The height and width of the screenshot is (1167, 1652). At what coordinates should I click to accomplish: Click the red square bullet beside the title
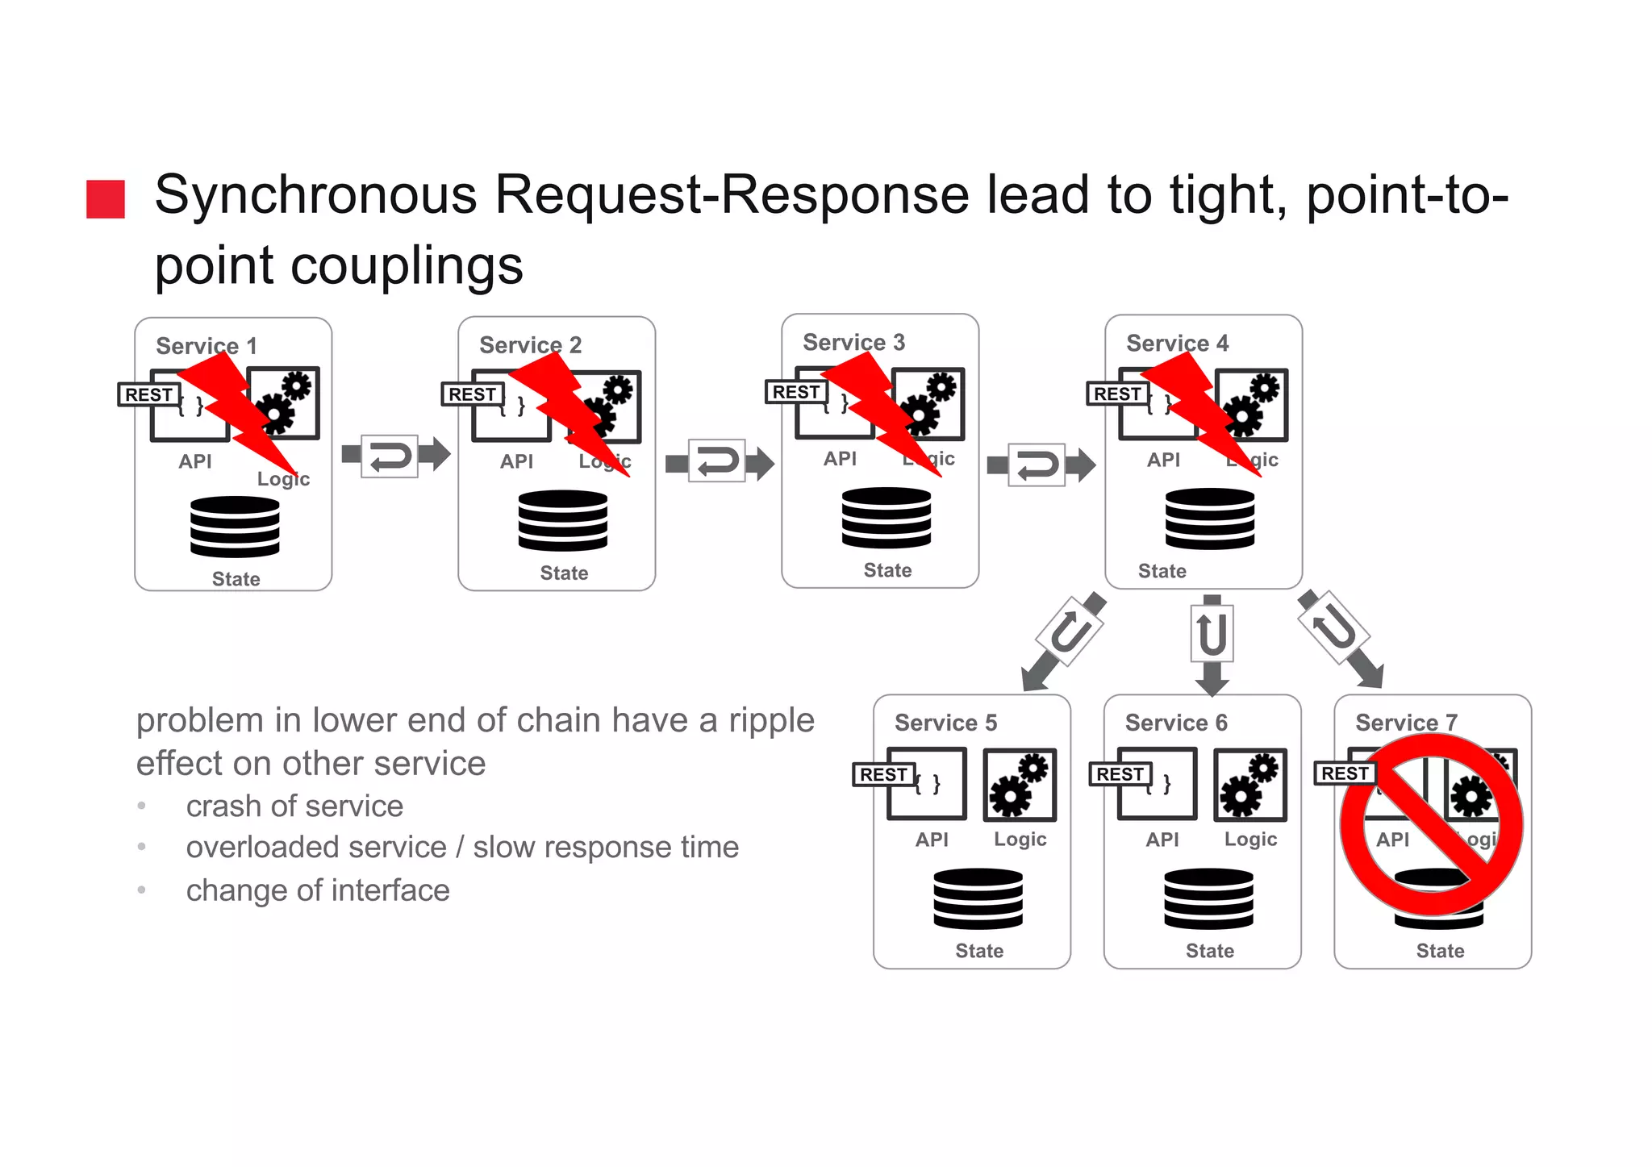pyautogui.click(x=106, y=199)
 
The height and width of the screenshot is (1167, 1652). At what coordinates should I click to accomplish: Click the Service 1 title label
pyautogui.click(x=206, y=346)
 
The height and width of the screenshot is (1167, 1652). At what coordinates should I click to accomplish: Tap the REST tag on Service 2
pyautogui.click(x=472, y=394)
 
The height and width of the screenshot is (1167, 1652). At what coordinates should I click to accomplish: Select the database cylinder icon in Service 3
pyautogui.click(x=886, y=518)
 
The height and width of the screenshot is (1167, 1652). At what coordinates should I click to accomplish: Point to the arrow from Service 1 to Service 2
pyautogui.click(x=394, y=456)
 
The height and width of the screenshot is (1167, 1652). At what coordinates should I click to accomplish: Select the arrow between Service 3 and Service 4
pyautogui.click(x=1041, y=465)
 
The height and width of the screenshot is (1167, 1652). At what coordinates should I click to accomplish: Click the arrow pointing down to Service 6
pyautogui.click(x=1212, y=644)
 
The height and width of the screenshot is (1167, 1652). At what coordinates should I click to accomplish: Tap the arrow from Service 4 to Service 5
pyautogui.click(x=1062, y=641)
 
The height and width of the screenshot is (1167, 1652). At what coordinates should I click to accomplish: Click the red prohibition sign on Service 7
pyautogui.click(x=1431, y=825)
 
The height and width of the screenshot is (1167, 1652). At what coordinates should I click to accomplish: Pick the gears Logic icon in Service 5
pyautogui.click(x=1020, y=785)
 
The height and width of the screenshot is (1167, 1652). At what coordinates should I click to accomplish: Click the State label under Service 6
pyautogui.click(x=1209, y=951)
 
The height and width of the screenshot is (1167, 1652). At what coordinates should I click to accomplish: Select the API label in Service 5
pyautogui.click(x=932, y=840)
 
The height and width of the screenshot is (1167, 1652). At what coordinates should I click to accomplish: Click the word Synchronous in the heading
pyautogui.click(x=315, y=195)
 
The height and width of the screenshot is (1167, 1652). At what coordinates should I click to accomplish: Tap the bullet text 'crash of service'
pyautogui.click(x=294, y=806)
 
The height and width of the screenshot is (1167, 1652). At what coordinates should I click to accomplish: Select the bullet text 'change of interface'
pyautogui.click(x=318, y=890)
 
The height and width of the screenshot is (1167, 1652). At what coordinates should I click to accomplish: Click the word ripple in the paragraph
pyautogui.click(x=771, y=721)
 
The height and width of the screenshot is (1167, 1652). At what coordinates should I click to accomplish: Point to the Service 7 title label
pyautogui.click(x=1406, y=723)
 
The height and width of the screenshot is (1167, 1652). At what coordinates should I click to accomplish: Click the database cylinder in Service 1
pyautogui.click(x=235, y=527)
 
